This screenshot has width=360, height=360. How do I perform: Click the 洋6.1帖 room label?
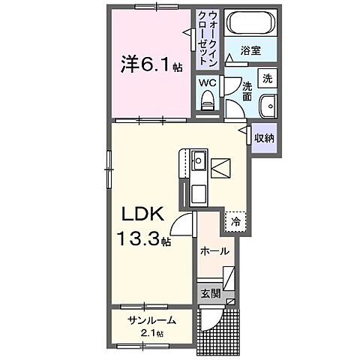151,64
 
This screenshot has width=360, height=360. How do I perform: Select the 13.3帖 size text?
142,241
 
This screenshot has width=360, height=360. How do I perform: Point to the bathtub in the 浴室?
251,23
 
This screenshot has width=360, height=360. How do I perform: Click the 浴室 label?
250,51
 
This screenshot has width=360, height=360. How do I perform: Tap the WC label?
207,83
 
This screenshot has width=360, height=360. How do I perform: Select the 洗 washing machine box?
267,77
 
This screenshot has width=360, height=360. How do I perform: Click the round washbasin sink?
268,106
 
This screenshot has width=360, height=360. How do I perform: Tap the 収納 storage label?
263,138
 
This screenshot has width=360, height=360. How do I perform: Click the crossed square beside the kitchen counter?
221,169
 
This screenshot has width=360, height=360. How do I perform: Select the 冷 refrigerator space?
235,221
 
